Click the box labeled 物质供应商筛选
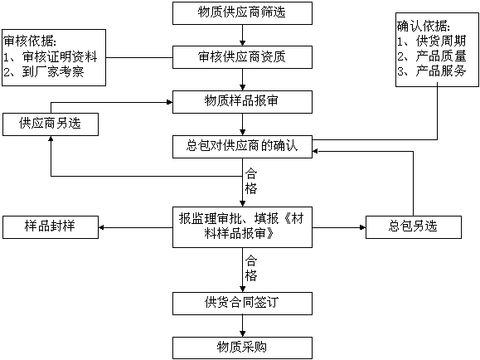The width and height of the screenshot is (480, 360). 242,13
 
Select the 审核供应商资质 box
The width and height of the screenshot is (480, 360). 242,57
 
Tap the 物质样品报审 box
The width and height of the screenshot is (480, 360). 242,102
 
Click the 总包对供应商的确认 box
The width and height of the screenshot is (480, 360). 242,147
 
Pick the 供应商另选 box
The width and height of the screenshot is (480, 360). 51,124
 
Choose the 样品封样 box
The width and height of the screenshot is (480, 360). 51,227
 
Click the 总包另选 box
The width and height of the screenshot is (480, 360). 414,227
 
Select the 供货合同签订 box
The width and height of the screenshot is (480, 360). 242,304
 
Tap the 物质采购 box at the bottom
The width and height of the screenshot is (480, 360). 242,348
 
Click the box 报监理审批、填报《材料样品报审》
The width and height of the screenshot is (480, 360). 242,227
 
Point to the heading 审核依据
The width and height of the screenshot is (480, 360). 30,41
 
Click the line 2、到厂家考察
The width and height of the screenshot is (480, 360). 44,72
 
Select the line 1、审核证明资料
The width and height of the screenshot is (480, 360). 51,56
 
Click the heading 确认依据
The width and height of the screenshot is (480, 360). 424,27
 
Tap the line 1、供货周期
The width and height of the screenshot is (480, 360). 432,41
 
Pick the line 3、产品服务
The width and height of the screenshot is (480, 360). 432,71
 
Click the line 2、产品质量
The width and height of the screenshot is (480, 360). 432,56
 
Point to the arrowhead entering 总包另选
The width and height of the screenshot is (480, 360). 363,227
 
